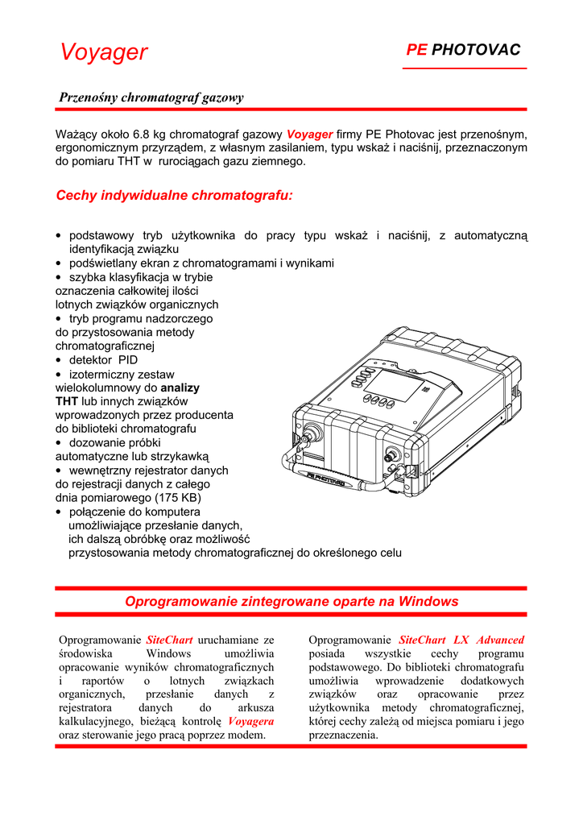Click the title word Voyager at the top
(104, 52)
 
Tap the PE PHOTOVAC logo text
(463, 50)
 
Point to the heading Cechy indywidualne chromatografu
(175, 196)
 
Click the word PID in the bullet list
(128, 360)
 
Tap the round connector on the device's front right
(395, 454)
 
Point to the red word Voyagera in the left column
(250, 721)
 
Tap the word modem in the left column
(248, 735)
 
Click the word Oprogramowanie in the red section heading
(179, 601)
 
